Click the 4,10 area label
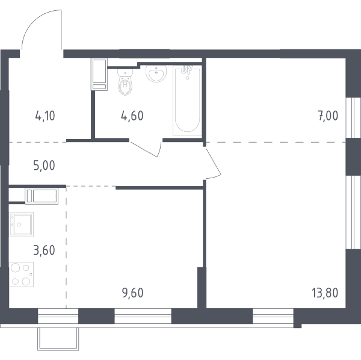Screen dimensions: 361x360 coord(45,116)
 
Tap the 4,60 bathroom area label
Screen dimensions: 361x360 coord(132,116)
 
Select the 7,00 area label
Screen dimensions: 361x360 coord(328,116)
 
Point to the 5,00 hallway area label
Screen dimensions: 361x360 coord(44,166)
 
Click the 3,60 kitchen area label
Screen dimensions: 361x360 coord(44,250)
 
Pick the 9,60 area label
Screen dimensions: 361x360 coord(133,293)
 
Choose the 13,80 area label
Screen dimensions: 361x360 coord(325,293)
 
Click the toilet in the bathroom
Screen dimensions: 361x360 coord(125,82)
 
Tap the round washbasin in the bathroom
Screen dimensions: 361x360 coord(156,73)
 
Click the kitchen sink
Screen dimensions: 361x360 coord(21,225)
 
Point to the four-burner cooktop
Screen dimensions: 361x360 coord(21,275)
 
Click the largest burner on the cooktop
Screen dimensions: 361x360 coord(16,268)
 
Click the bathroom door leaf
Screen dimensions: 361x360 coord(144,149)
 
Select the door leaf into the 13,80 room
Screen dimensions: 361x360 coord(214,161)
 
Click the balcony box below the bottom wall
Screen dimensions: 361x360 coord(58,339)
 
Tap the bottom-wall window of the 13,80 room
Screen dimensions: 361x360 coord(273,316)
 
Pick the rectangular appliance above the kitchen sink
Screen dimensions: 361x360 coord(42,196)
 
